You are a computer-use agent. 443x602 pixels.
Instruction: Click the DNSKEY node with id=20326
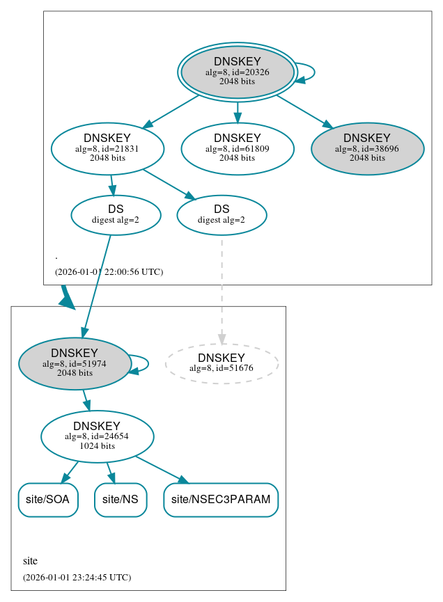(x=237, y=72)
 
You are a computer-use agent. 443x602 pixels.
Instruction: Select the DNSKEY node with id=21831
(x=107, y=148)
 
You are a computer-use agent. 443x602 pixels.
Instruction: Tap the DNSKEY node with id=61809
(x=237, y=148)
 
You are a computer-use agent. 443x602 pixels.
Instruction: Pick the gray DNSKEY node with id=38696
(x=367, y=148)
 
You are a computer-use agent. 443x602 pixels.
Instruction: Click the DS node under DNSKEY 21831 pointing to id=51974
(x=116, y=215)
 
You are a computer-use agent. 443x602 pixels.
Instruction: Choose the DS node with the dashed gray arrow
(x=221, y=215)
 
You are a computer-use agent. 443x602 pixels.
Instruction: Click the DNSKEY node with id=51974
(x=75, y=363)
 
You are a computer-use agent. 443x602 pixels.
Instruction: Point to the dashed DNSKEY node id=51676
(x=221, y=363)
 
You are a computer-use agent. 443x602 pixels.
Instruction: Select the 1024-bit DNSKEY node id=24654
(x=97, y=436)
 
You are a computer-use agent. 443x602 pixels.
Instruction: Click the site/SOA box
(x=48, y=500)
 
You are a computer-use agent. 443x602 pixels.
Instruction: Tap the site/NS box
(x=121, y=500)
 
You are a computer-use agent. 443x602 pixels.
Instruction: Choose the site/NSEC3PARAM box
(x=221, y=500)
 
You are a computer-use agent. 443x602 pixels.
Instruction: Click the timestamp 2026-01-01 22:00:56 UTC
(x=109, y=272)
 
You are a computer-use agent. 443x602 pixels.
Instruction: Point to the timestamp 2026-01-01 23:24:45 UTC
(x=77, y=577)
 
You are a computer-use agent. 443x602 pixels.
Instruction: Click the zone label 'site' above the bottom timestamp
(x=30, y=561)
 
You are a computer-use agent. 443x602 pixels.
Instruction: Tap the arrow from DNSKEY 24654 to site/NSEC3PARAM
(x=162, y=469)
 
